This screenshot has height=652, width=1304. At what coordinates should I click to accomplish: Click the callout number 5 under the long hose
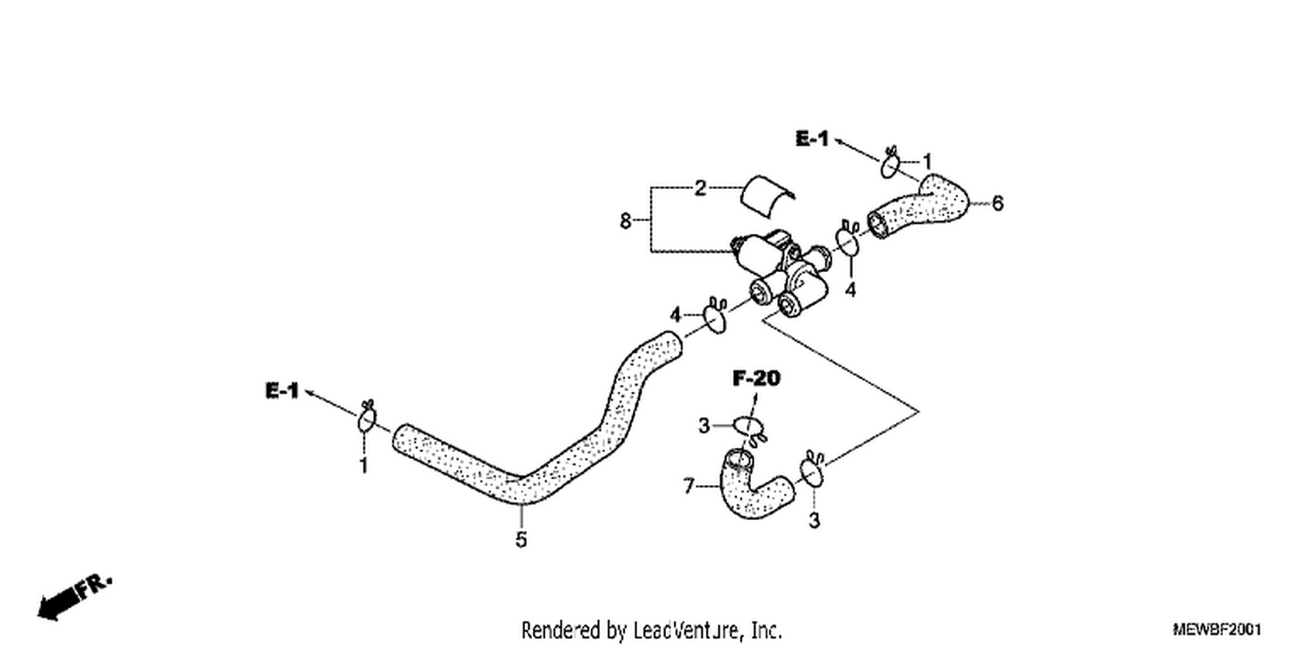tap(521, 540)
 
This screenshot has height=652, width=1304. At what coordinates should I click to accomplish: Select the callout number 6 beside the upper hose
tap(997, 203)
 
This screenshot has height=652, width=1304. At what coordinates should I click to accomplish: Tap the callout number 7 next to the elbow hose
tap(689, 485)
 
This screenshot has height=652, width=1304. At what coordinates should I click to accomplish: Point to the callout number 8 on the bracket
tap(625, 221)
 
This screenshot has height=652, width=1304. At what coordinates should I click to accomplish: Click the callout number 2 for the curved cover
tap(701, 188)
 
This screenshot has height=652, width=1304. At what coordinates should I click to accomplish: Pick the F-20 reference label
tap(756, 378)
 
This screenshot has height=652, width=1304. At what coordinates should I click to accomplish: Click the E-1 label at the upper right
tap(811, 138)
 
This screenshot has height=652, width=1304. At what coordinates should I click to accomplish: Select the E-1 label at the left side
tap(282, 390)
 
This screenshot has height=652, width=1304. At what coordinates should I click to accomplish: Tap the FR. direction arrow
tap(73, 598)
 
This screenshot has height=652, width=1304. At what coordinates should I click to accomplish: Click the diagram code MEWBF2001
tap(1217, 629)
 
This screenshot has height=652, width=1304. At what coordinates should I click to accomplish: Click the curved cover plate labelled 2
tap(766, 195)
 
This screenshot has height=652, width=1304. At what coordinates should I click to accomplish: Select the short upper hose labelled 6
tap(920, 207)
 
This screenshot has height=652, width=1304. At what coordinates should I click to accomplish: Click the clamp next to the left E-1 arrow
tap(367, 416)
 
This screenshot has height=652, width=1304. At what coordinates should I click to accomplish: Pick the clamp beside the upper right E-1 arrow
tap(891, 163)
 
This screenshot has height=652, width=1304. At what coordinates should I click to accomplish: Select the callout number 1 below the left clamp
tap(364, 466)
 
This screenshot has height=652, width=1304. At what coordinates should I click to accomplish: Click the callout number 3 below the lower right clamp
tap(815, 520)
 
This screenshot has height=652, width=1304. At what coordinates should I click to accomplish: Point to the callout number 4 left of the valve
tap(675, 316)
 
